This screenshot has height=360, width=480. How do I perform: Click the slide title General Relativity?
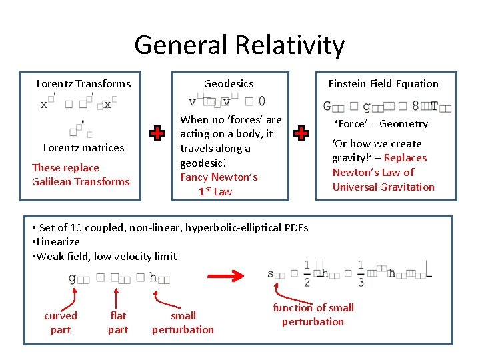[x=239, y=45]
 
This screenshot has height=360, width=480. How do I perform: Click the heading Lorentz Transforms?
[x=83, y=84]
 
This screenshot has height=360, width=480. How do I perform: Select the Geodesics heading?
[x=229, y=84]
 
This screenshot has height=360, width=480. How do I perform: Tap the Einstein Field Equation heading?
[x=383, y=84]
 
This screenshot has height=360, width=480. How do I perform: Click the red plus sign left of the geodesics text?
[x=157, y=133]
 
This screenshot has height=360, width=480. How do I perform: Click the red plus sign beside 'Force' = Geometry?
[x=301, y=133]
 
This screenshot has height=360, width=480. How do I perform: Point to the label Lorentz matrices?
[x=83, y=148]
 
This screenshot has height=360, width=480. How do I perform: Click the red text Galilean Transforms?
[x=81, y=182]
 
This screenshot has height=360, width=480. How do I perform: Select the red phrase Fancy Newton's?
[x=219, y=177]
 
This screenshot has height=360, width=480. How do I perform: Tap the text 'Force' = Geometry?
[x=381, y=124]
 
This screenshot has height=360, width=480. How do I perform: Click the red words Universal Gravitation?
[x=383, y=187]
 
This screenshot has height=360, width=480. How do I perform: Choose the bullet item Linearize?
[x=56, y=242]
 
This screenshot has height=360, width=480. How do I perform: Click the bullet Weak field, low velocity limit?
[x=105, y=257]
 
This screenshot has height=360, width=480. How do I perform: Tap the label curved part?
[x=61, y=323]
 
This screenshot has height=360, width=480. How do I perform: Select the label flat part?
[x=118, y=323]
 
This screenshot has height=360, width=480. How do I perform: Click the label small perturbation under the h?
[x=183, y=323]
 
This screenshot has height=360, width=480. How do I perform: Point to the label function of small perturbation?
[x=313, y=315]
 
